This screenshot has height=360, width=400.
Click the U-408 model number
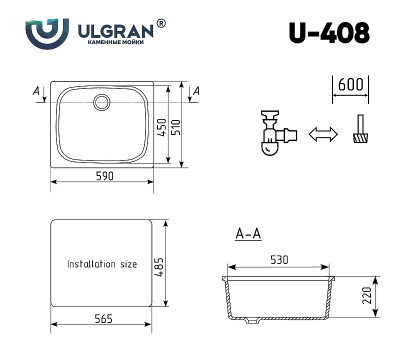329,33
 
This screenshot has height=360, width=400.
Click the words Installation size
102,265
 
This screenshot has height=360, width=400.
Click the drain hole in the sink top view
102,102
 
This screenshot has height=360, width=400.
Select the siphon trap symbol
269,133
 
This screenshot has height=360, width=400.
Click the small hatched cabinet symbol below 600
358,133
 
